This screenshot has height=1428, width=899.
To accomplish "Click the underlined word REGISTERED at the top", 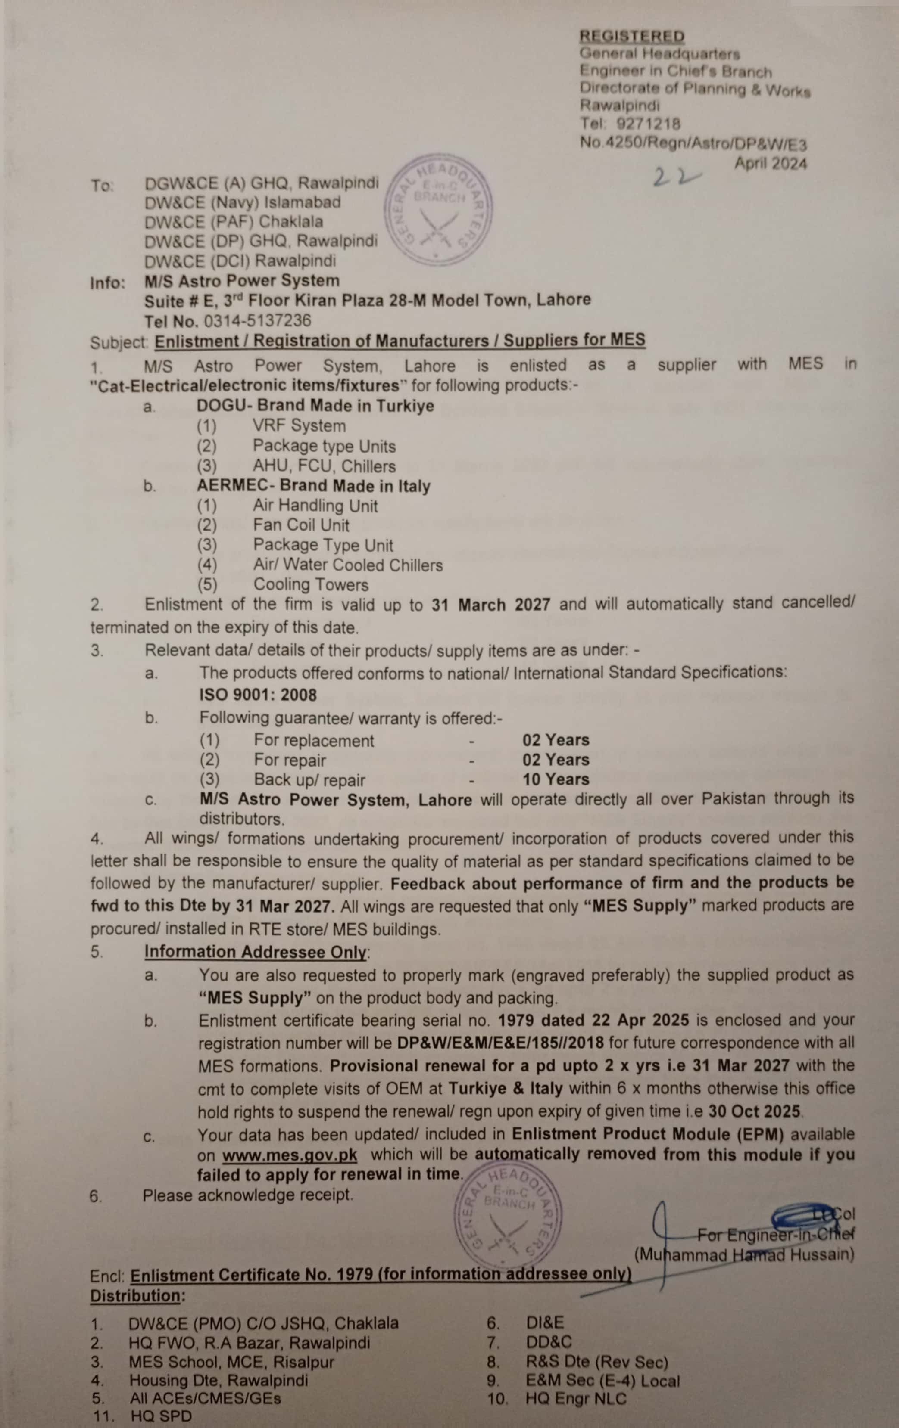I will click(x=632, y=37).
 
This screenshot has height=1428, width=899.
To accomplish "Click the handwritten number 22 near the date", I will click(x=677, y=176).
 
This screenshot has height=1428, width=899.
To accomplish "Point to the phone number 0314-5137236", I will click(x=258, y=321).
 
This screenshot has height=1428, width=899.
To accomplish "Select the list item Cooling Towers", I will click(x=310, y=585).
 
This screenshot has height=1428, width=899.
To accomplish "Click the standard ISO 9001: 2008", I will click(x=258, y=695).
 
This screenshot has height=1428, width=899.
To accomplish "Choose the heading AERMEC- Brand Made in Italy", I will click(x=313, y=486).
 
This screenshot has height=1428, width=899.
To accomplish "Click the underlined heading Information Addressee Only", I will click(x=256, y=952).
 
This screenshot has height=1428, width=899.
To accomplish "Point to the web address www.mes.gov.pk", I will click(x=290, y=1156).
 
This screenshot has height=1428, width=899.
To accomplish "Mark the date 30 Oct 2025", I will click(x=754, y=1111).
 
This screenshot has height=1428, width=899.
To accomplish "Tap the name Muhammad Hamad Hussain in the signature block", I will click(x=744, y=1255).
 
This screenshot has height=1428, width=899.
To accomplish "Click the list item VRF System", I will click(x=299, y=426).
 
